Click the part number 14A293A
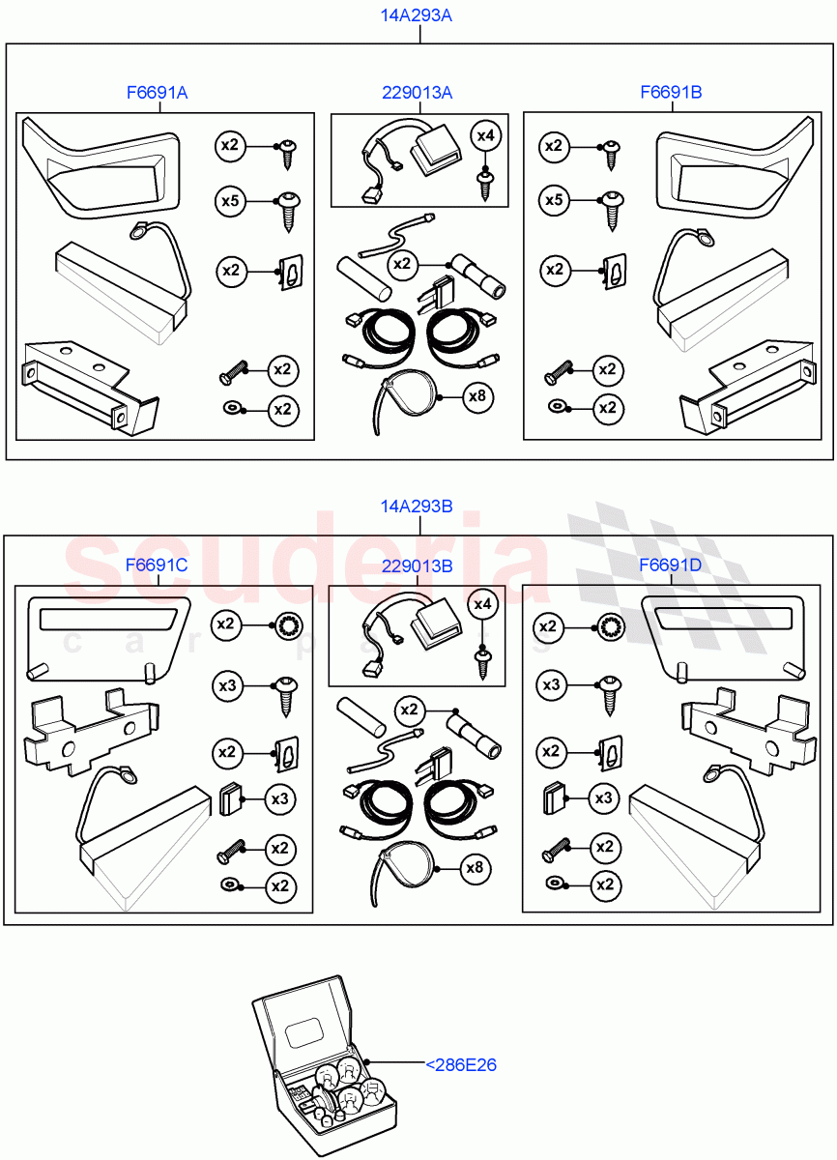click(x=418, y=16)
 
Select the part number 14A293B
click(x=418, y=507)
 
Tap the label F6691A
click(x=157, y=93)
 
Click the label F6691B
click(x=671, y=93)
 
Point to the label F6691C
click(x=157, y=565)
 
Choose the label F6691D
click(x=671, y=565)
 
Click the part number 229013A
click(x=418, y=93)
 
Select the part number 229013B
click(x=418, y=565)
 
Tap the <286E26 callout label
click(x=461, y=1065)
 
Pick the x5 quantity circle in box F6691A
click(x=230, y=201)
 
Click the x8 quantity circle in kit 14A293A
click(x=476, y=395)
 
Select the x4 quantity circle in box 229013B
click(x=482, y=605)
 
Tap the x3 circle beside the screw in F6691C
click(x=228, y=686)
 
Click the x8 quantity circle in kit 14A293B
click(x=474, y=868)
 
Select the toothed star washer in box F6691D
click(x=610, y=627)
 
